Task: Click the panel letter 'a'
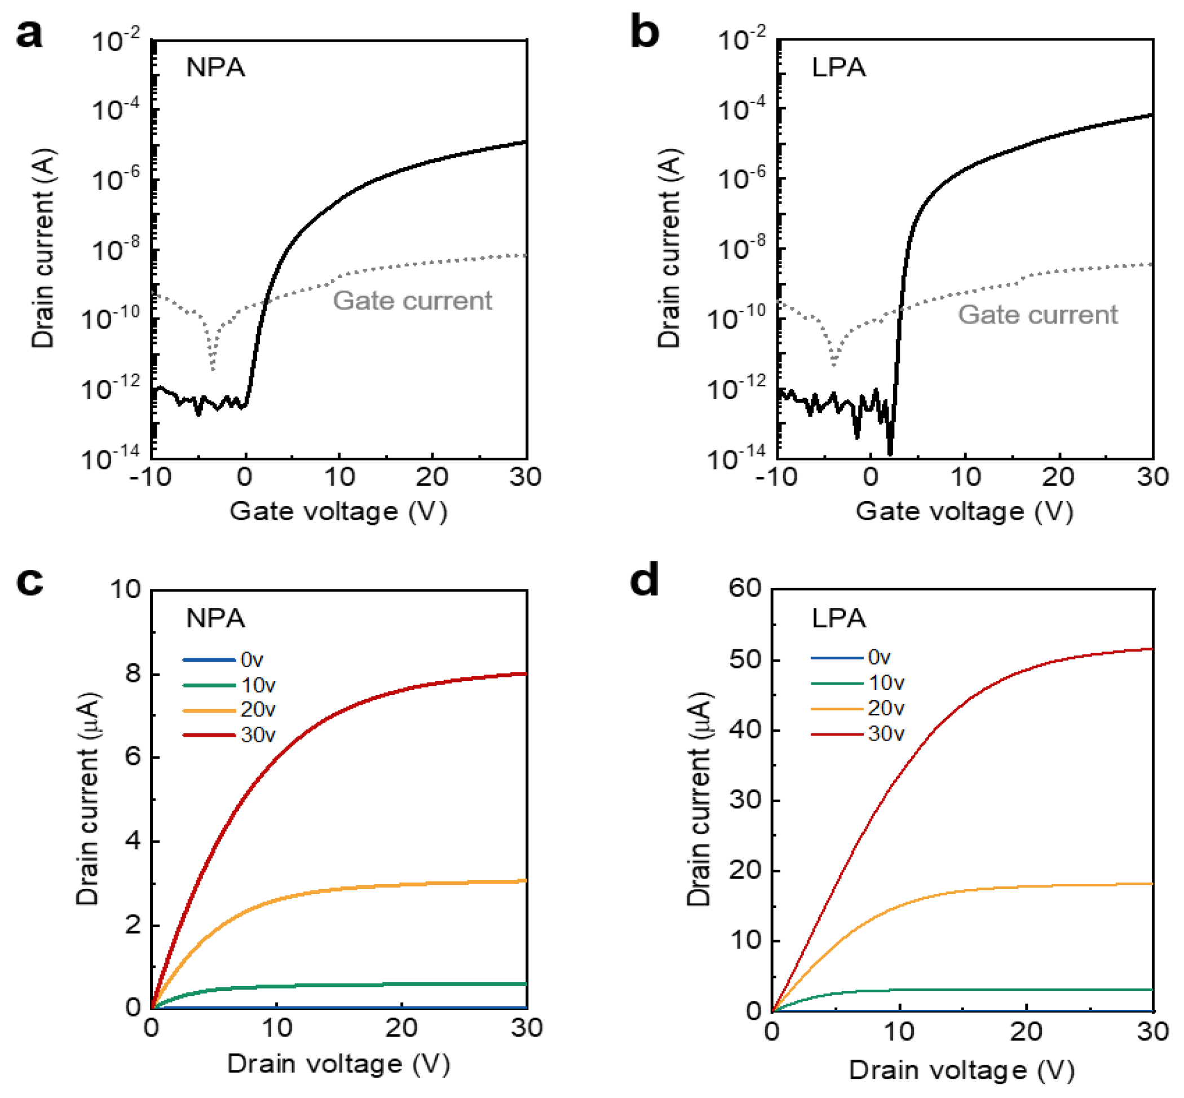(29, 34)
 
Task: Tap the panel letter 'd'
(644, 580)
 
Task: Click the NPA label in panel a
(215, 67)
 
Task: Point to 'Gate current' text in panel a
(412, 300)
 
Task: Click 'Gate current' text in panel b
(1037, 315)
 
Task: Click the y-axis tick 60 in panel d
(745, 588)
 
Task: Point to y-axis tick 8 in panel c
(133, 673)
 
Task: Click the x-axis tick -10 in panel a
(151, 477)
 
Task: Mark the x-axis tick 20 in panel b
(1058, 477)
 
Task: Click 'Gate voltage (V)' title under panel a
(338, 512)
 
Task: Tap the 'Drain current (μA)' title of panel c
(88, 799)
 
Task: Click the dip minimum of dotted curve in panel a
(213, 369)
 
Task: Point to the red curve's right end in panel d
(1152, 649)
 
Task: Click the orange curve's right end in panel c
(526, 880)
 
